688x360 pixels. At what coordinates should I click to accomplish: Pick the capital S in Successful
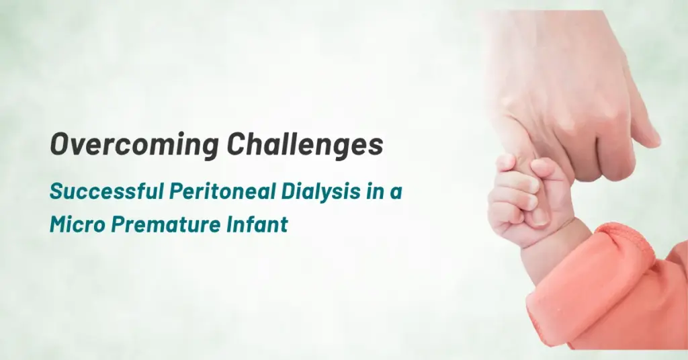tap(56, 191)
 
